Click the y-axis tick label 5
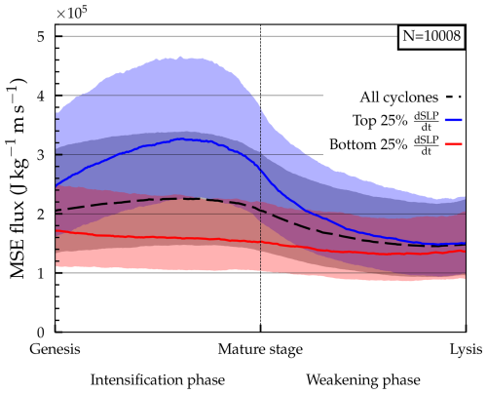coord(44,36)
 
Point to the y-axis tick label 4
coord(44,96)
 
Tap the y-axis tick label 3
coord(44,155)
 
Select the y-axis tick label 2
coord(44,214)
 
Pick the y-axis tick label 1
coord(44,273)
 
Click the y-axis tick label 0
coord(44,333)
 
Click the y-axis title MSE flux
coord(17,184)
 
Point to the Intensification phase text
coord(158,378)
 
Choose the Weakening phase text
coord(363,378)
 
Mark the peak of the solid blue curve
coord(182,138)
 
